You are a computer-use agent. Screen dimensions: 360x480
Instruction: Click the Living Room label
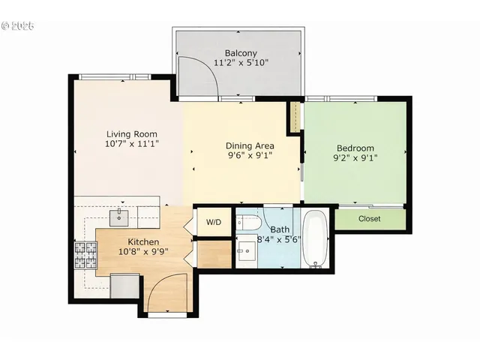pyautogui.click(x=131, y=134)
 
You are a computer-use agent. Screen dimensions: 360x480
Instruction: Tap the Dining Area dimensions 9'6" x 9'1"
pyautogui.click(x=250, y=156)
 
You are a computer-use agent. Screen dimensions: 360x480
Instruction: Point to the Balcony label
pyautogui.click(x=241, y=53)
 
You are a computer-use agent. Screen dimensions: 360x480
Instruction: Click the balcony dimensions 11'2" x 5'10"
pyautogui.click(x=241, y=64)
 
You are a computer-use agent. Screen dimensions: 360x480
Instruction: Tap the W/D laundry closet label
pyautogui.click(x=214, y=222)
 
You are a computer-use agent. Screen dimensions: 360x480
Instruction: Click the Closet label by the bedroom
pyautogui.click(x=369, y=219)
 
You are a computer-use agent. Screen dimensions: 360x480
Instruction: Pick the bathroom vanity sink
pyautogui.click(x=245, y=251)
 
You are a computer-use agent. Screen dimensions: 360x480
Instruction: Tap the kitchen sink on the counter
pyautogui.click(x=120, y=217)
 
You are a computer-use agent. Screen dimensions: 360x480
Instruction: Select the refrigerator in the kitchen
pyautogui.click(x=124, y=286)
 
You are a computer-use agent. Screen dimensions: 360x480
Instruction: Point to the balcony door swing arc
pyautogui.click(x=193, y=75)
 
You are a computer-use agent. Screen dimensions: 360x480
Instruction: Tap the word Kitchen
pyautogui.click(x=142, y=242)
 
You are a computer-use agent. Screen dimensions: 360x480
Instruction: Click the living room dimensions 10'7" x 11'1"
pyautogui.click(x=131, y=144)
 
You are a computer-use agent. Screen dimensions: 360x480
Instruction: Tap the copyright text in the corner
pyautogui.click(x=19, y=25)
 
